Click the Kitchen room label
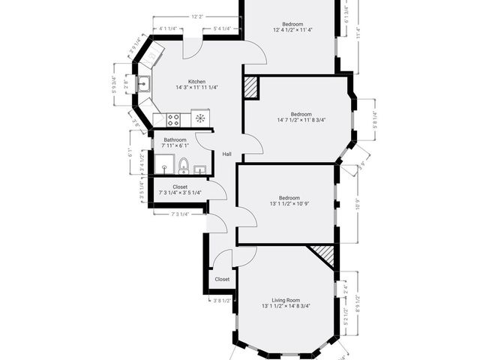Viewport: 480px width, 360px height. tap(196, 81)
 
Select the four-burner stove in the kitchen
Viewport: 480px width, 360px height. tap(173, 118)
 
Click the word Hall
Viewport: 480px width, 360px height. tap(226, 154)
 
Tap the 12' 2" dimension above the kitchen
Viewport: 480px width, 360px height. tap(197, 16)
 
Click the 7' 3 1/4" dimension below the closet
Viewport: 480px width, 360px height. tap(180, 214)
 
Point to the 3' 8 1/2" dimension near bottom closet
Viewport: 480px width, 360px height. tap(222, 300)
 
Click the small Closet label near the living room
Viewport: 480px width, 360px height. tap(222, 279)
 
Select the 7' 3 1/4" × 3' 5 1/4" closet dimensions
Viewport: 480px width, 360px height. tap(180, 193)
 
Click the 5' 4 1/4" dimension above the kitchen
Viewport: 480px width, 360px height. tap(222, 28)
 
